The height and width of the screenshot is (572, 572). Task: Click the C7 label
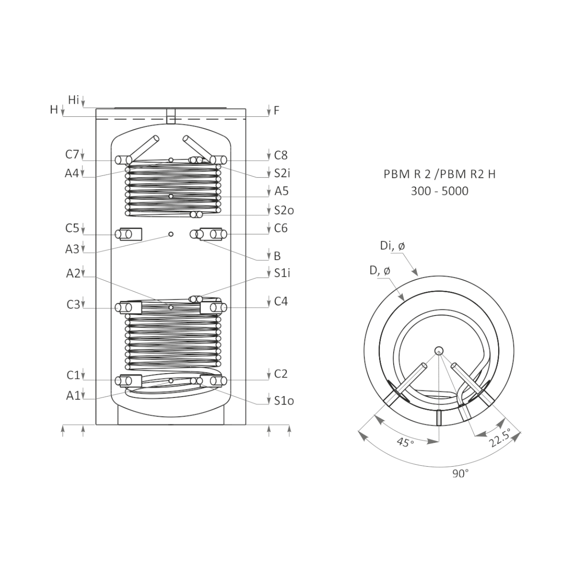pyautogui.click(x=72, y=154)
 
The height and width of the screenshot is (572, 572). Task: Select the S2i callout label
pyautogui.click(x=282, y=173)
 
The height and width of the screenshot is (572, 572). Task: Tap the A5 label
pyautogui.click(x=281, y=192)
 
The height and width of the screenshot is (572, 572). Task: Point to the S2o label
pyautogui.click(x=284, y=210)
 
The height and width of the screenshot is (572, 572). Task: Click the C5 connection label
pyautogui.click(x=72, y=228)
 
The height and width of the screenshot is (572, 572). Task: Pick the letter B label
pyautogui.click(x=277, y=256)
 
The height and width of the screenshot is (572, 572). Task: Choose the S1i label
pyautogui.click(x=282, y=273)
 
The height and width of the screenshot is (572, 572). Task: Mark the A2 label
pyautogui.click(x=73, y=274)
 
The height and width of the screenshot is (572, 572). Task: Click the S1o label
pyautogui.click(x=284, y=401)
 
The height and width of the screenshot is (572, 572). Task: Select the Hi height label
pyautogui.click(x=73, y=100)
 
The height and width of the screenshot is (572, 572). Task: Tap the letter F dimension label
pyautogui.click(x=276, y=111)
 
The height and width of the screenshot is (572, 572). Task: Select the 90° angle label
pyautogui.click(x=460, y=474)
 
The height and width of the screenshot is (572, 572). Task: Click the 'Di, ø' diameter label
pyautogui.click(x=392, y=246)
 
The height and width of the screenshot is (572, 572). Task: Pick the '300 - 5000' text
pyautogui.click(x=439, y=191)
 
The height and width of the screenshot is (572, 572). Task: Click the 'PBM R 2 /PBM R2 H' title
pyautogui.click(x=439, y=174)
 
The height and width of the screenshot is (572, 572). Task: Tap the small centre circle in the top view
pyautogui.click(x=439, y=350)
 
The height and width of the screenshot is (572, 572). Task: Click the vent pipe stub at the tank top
pyautogui.click(x=171, y=116)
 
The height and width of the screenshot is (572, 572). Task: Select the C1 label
pyautogui.click(x=73, y=375)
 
